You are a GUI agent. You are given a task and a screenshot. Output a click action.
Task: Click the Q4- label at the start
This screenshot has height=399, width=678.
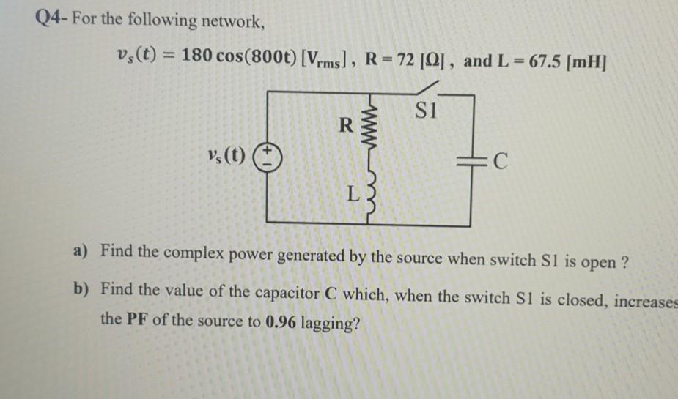[x=51, y=20]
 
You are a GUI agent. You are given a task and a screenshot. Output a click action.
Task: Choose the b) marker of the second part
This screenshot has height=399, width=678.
[x=81, y=289]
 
